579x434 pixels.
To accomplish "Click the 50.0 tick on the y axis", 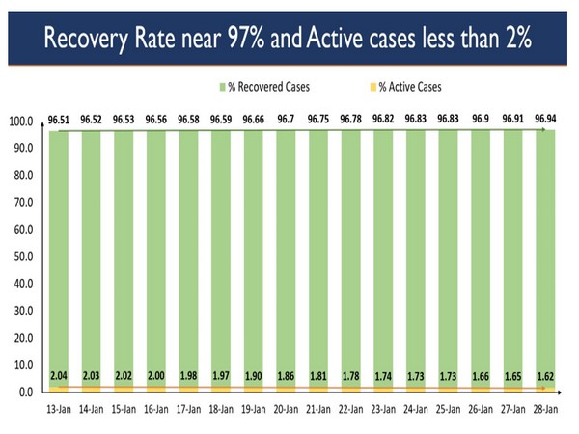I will [x=20, y=258].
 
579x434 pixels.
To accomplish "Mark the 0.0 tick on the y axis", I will [x=22, y=393].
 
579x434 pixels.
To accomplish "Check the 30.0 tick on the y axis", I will [x=20, y=312].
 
